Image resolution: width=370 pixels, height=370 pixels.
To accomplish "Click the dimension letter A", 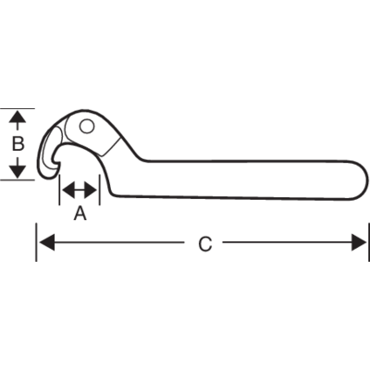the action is [80, 214].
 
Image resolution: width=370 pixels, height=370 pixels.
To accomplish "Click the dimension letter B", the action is [18, 143].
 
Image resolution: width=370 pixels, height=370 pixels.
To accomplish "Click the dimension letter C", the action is [204, 244].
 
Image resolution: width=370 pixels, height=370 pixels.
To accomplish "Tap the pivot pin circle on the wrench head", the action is [87, 126].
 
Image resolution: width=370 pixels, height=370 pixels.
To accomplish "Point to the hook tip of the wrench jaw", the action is [57, 161].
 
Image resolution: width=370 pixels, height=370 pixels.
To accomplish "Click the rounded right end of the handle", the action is [363, 179].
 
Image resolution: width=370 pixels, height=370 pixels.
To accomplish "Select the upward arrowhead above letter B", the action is [18, 117].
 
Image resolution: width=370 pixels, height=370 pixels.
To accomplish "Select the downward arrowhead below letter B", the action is [18, 171].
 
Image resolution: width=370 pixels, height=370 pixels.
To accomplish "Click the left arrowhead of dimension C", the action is [47, 242].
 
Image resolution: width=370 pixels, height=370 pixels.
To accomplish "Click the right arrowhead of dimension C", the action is [360, 242].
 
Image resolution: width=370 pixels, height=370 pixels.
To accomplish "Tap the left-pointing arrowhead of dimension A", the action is [68, 190].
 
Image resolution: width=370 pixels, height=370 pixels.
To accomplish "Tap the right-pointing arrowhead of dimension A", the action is [91, 190].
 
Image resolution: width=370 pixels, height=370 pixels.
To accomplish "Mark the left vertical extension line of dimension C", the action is [36, 242].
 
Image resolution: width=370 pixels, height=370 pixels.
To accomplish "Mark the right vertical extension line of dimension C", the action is [369, 242].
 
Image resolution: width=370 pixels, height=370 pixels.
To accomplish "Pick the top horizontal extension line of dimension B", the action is [18, 108].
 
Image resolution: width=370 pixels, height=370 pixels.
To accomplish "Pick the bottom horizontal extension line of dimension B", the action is [18, 179].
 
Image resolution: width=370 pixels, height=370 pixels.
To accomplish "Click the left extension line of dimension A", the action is [59, 190].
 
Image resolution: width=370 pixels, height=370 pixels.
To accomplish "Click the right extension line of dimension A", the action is [100, 190].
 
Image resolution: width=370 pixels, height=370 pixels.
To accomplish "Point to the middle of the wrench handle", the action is [240, 179].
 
